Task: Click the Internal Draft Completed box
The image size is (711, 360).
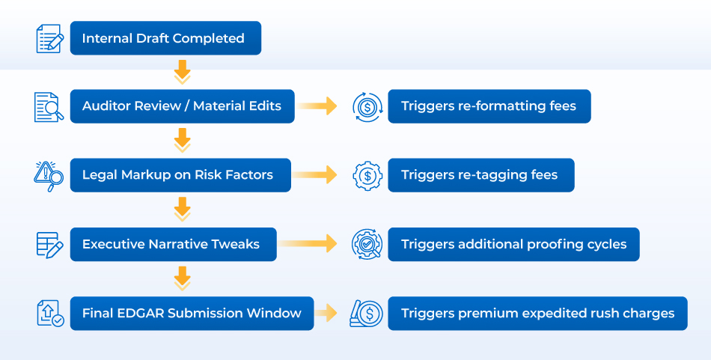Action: [x=165, y=38]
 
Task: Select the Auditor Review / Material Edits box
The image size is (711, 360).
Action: [x=183, y=106]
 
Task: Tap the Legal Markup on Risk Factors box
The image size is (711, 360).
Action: [x=180, y=175]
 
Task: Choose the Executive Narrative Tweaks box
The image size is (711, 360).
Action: [x=173, y=245]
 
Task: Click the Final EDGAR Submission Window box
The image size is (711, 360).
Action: [x=192, y=314]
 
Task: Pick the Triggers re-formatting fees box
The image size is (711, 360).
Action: [x=489, y=106]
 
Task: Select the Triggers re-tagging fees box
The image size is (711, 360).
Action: [x=481, y=175]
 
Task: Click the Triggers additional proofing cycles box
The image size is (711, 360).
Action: [x=513, y=245]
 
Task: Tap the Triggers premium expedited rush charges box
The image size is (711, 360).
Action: [x=538, y=314]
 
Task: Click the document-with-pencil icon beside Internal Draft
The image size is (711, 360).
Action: [x=50, y=38]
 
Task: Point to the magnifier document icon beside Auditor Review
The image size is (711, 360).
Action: [x=49, y=107]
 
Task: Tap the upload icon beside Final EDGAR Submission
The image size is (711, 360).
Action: [x=50, y=314]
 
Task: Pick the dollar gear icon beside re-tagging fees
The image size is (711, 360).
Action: [x=367, y=175]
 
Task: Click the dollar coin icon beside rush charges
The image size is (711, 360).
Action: [x=367, y=314]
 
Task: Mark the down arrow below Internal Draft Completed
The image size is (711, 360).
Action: [x=183, y=72]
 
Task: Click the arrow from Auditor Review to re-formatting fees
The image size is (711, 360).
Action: [x=317, y=106]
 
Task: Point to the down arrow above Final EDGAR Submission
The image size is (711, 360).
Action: [x=183, y=278]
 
